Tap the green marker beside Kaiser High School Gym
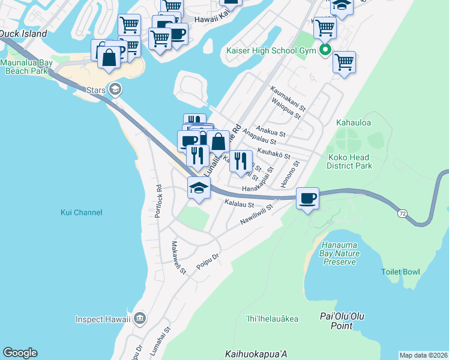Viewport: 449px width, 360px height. coord(325,50)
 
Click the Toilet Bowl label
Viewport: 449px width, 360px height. coord(400,272)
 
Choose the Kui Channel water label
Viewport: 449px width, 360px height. coord(82,212)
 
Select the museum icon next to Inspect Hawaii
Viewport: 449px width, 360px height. coord(140,318)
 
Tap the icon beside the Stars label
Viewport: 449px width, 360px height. coord(115,90)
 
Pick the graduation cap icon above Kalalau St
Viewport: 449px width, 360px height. coord(199,188)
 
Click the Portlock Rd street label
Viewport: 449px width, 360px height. coord(159,201)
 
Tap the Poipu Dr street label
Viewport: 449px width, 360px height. coord(208,259)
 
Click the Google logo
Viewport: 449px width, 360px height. coord(20,353)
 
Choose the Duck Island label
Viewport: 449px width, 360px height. coord(23,34)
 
